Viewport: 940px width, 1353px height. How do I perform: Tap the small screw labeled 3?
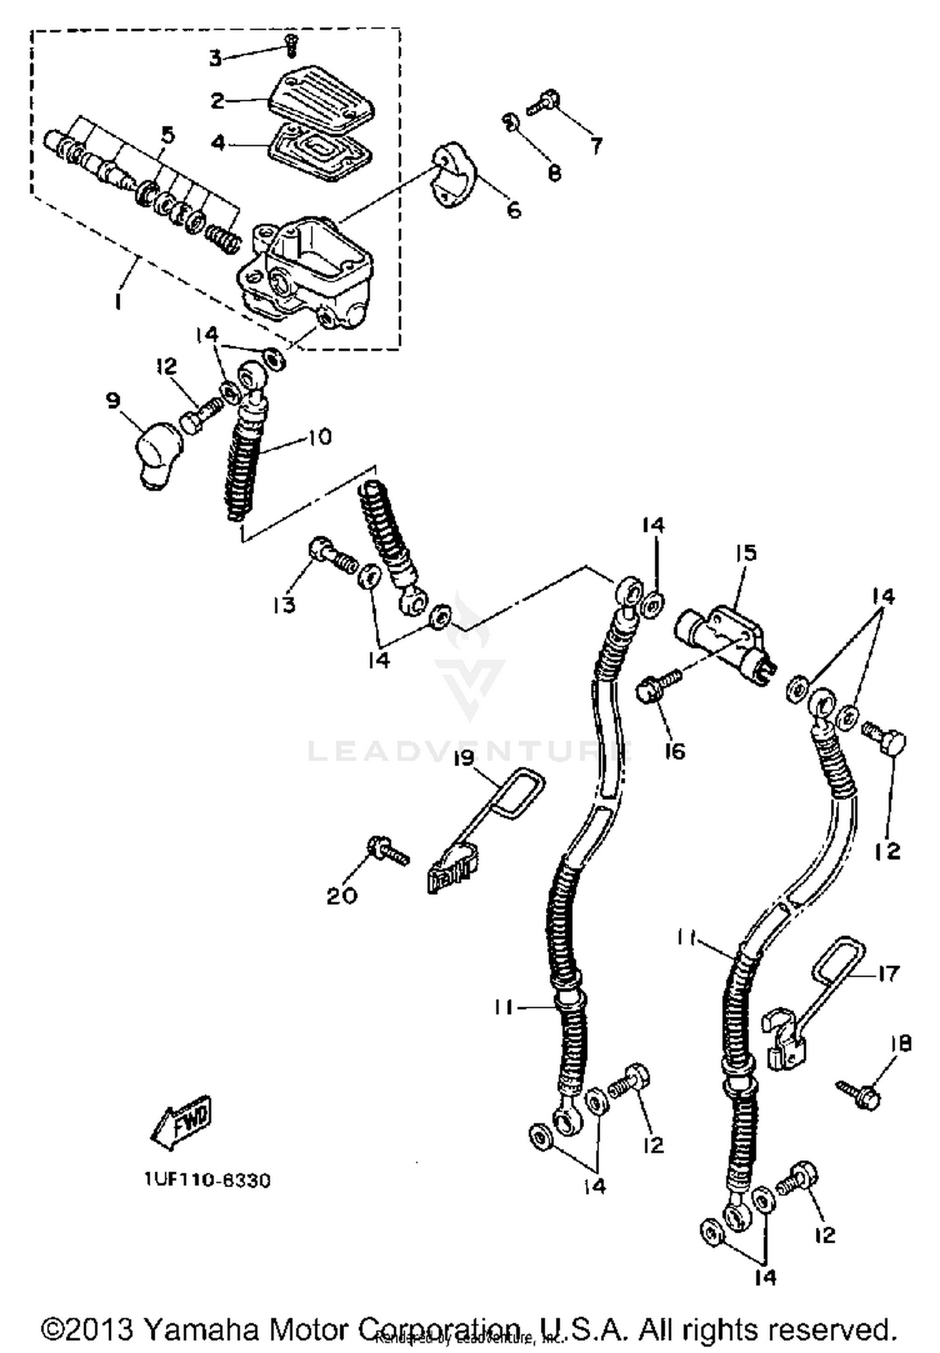(x=290, y=45)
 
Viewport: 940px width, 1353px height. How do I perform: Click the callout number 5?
(x=167, y=135)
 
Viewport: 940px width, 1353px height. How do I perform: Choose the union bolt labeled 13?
(x=320, y=437)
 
